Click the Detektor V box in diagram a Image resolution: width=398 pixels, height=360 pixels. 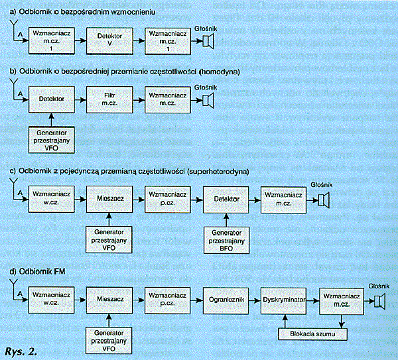[109, 41]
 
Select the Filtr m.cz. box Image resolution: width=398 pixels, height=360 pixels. [109, 99]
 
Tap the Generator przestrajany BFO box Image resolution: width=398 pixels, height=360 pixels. [226, 240]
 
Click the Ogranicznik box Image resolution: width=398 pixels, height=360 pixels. [226, 300]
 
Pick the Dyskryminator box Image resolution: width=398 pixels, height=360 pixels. [284, 300]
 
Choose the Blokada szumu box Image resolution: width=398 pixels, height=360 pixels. [312, 334]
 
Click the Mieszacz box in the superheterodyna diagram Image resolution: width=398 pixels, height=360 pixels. [109, 199]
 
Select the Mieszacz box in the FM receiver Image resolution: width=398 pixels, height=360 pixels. [109, 300]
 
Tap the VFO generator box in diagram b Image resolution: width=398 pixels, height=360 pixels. [52, 141]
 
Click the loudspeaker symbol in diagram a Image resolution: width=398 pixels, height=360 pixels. [208, 41]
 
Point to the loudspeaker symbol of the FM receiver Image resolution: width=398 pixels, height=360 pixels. [379, 301]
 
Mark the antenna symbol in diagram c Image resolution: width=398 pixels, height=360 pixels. [13, 182]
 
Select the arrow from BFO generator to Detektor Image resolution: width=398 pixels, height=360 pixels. [226, 219]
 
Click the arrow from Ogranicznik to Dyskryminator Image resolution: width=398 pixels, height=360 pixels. [255, 301]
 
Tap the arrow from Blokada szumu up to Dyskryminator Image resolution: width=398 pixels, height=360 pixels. [285, 321]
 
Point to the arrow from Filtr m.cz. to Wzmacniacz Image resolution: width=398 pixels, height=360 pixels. [139, 100]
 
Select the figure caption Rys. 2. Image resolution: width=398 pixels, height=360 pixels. [21, 351]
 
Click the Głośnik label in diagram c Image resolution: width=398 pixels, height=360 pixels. [322, 185]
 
